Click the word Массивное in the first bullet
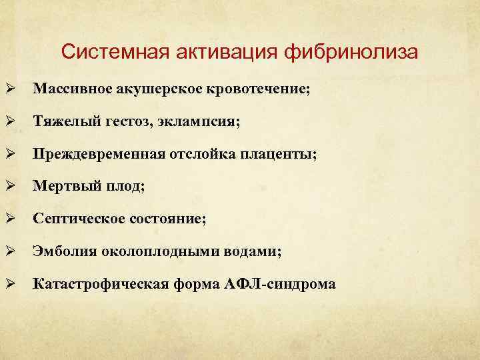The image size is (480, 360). pos(70,89)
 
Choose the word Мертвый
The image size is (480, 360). pos(65,187)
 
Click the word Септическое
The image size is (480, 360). pos(74,219)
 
